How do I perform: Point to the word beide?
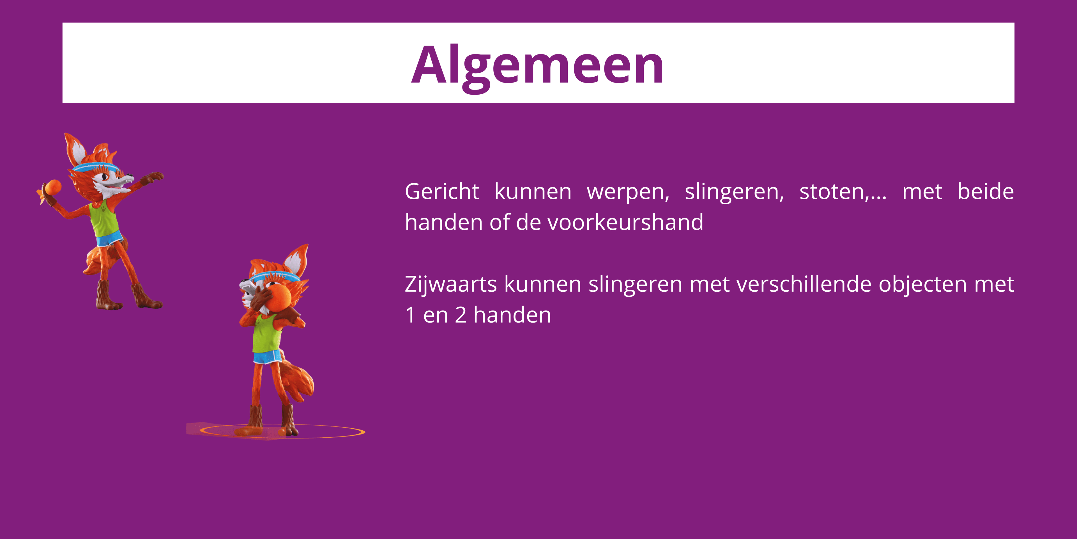[x=986, y=192]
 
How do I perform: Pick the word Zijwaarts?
[x=450, y=285]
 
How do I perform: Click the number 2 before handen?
[x=460, y=315]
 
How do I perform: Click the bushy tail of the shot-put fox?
[x=300, y=381]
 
